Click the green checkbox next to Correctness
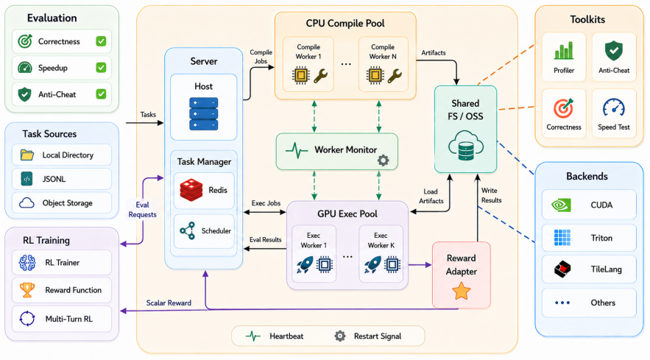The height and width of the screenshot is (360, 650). point(101,41)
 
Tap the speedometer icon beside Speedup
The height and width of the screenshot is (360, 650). point(25,68)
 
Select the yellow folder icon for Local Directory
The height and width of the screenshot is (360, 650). point(27,155)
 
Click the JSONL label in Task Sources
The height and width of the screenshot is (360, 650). point(54,179)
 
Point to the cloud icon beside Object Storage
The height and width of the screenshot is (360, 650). point(27,202)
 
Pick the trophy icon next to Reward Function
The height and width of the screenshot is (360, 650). point(27,290)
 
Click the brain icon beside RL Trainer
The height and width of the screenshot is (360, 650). point(27,263)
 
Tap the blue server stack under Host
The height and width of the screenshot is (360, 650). point(204,113)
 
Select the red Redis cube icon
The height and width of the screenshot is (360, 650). point(191,190)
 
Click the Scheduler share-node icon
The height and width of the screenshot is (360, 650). point(188,230)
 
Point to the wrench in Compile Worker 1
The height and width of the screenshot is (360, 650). point(320,76)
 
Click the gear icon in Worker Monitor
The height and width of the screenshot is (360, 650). point(383,160)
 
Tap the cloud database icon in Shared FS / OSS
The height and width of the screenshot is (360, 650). point(465,145)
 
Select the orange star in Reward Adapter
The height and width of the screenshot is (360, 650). point(461,291)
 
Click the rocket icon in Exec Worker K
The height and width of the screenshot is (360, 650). point(372,264)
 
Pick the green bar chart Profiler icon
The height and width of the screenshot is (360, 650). point(564,51)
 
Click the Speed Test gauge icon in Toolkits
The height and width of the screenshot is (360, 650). point(613,107)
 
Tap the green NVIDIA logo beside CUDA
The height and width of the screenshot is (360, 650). point(561,205)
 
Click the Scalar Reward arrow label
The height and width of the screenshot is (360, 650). point(169,303)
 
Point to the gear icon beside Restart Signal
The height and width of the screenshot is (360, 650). point(340,336)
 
